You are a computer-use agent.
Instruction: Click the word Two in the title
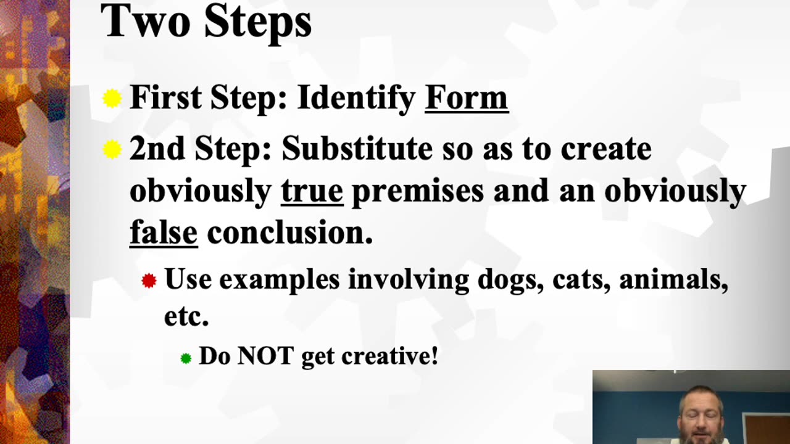click(x=146, y=22)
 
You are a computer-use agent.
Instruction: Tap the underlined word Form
click(x=466, y=97)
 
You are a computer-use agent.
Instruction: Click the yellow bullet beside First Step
click(x=112, y=99)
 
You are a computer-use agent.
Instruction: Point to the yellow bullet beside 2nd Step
click(x=112, y=149)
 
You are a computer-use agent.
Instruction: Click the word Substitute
click(x=357, y=149)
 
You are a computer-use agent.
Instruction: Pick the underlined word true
click(x=312, y=191)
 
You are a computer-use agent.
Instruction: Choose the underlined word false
click(x=164, y=232)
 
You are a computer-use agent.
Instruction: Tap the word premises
click(x=418, y=191)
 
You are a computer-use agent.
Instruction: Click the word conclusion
click(x=289, y=233)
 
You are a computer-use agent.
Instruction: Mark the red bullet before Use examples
click(x=149, y=281)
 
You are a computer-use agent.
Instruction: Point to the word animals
click(x=673, y=280)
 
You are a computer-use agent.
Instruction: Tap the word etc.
click(x=186, y=317)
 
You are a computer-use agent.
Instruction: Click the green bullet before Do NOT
click(x=186, y=358)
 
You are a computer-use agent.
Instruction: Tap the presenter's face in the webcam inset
click(x=702, y=416)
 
